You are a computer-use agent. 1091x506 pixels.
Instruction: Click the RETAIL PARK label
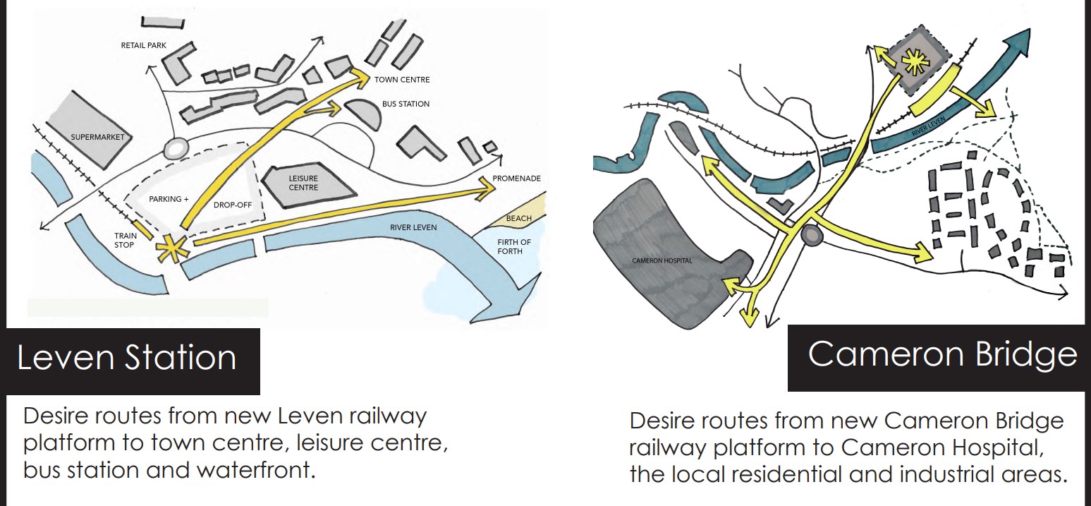tap(143, 45)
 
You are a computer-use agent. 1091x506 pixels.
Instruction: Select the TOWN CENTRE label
tap(401, 80)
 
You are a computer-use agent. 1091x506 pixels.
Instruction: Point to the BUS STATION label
tap(406, 104)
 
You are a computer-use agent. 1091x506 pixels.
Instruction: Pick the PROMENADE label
tap(517, 179)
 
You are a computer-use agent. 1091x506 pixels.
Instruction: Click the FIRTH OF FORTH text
tap(516, 248)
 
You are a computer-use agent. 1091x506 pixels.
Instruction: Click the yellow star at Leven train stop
tap(173, 248)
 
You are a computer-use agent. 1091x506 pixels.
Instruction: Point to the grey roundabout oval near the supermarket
tap(174, 148)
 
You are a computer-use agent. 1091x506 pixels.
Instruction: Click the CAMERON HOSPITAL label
tap(662, 261)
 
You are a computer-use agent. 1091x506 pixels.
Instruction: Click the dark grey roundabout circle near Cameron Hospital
tap(811, 235)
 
